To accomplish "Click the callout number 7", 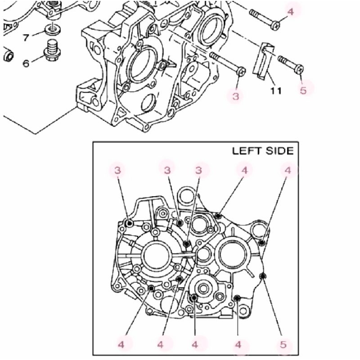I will [x=26, y=37].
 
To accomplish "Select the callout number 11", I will [x=276, y=90].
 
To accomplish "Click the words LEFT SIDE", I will [x=262, y=151].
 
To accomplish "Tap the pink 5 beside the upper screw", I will [x=303, y=90].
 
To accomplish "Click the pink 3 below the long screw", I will [x=237, y=95].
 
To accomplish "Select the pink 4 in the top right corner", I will [x=291, y=11].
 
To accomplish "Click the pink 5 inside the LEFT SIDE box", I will [x=283, y=345].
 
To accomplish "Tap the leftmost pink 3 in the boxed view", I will [x=118, y=170].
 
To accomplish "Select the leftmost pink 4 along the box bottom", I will [x=121, y=345].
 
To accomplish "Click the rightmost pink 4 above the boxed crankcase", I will [x=288, y=170].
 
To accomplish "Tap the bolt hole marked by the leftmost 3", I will [x=129, y=224].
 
